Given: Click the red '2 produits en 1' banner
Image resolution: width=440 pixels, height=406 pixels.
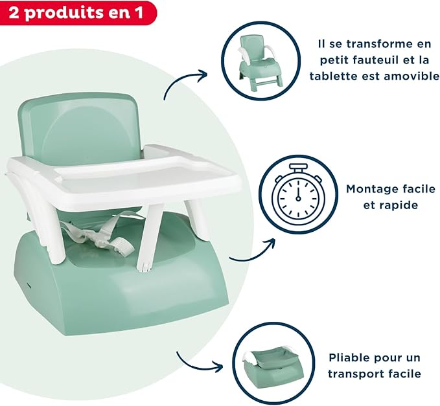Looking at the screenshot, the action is (x=77, y=12).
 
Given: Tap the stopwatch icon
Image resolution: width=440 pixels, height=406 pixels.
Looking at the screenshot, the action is (x=298, y=194).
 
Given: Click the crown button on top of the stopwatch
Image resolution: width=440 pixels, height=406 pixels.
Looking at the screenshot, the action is (x=298, y=168).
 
